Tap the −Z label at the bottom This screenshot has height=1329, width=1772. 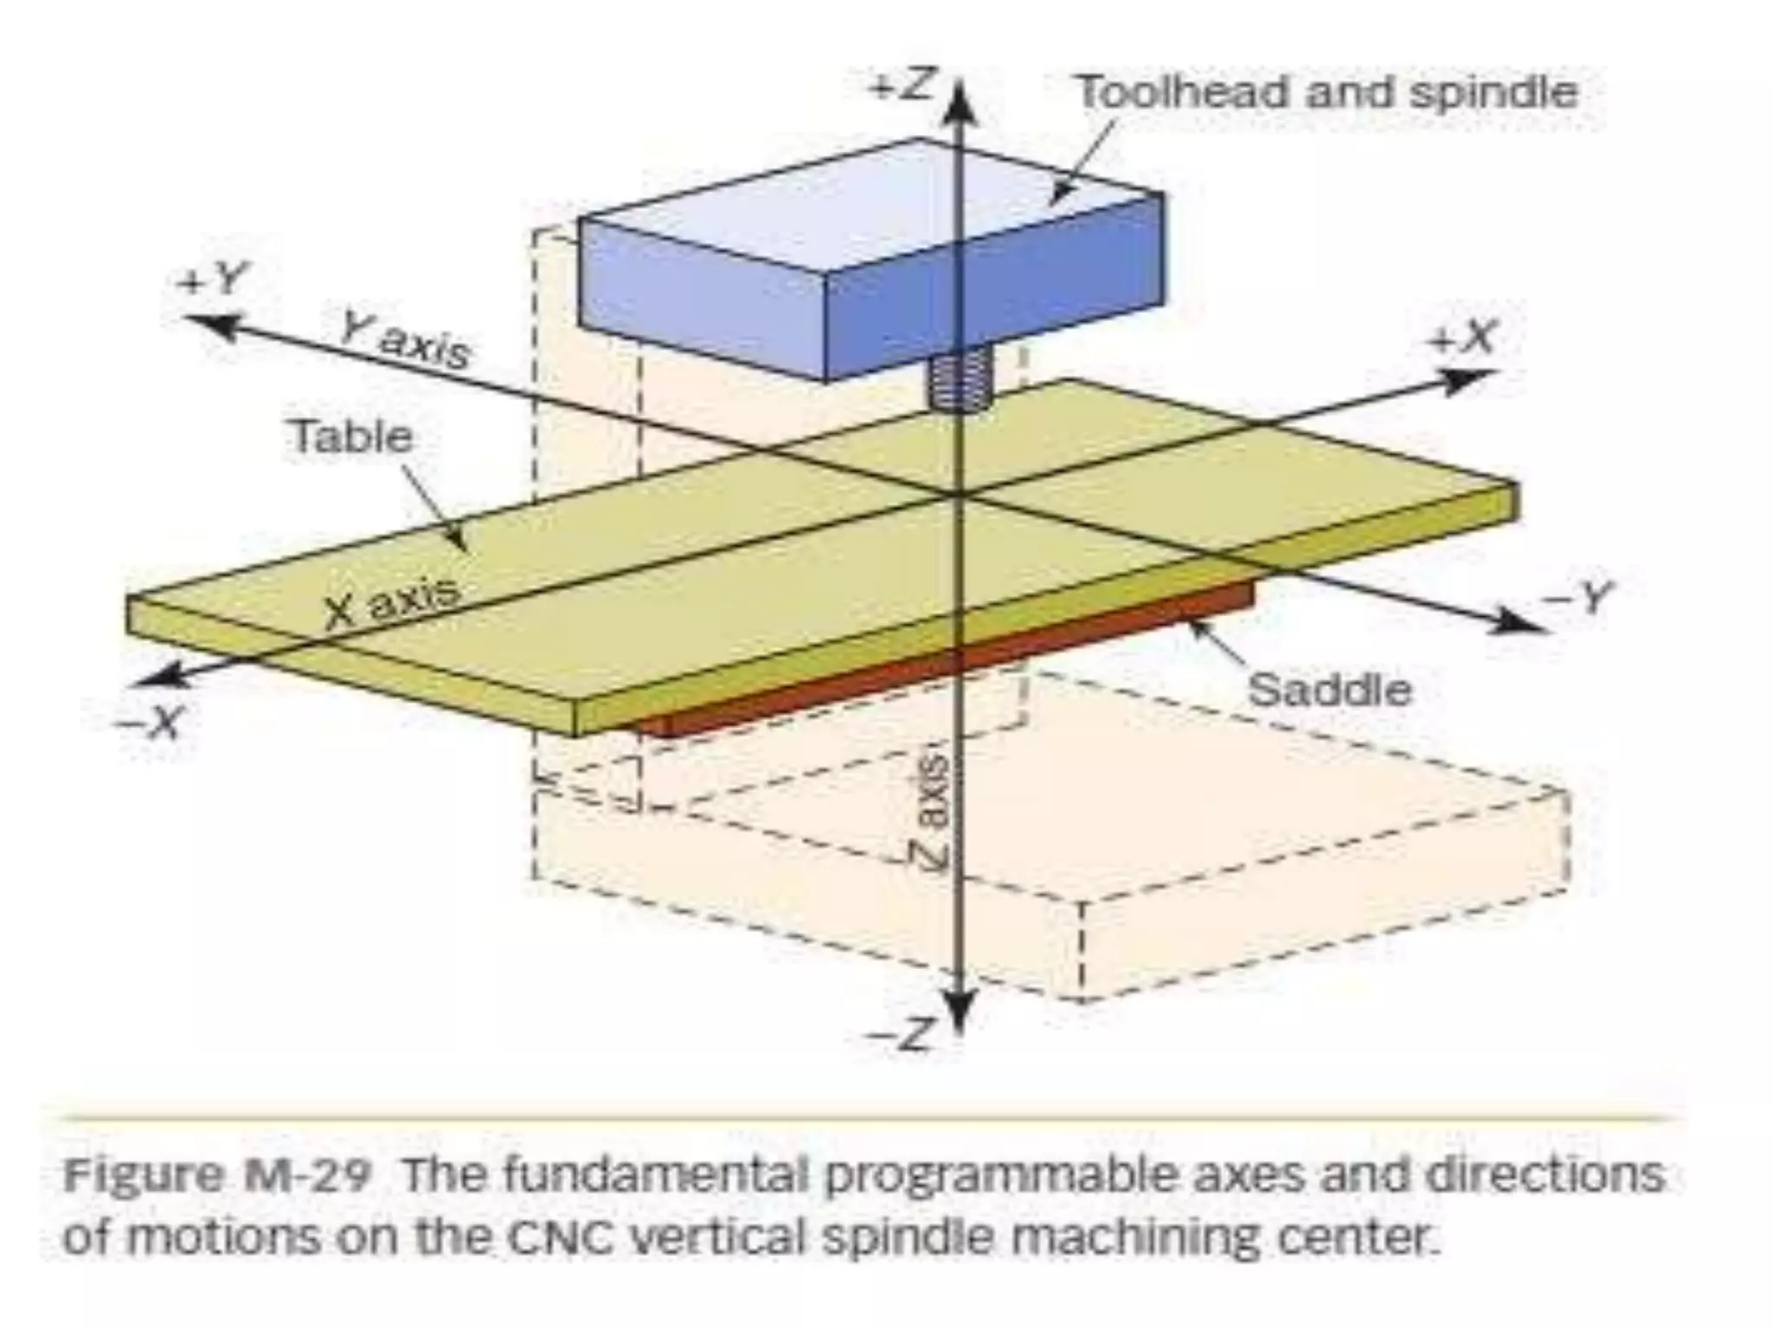tap(903, 1034)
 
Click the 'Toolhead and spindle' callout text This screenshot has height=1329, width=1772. tap(1326, 93)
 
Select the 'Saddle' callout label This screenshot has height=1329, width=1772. tap(1329, 690)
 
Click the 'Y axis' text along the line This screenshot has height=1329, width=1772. tap(405, 339)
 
